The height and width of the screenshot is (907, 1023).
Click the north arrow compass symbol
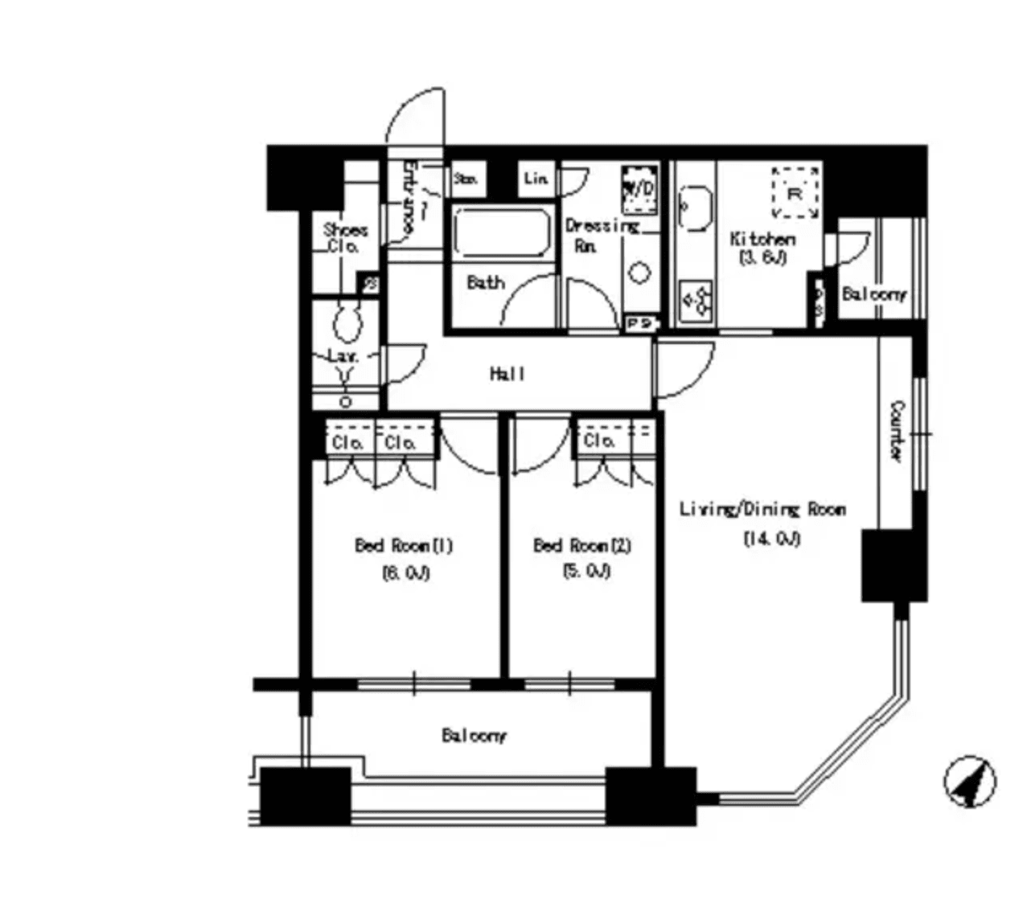(x=969, y=782)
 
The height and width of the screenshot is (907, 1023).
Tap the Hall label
(x=507, y=374)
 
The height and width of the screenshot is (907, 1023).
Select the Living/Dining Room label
(x=762, y=509)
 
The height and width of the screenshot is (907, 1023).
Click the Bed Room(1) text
(x=404, y=546)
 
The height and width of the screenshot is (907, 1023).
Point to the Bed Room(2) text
(x=582, y=546)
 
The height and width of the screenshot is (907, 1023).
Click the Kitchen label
(x=762, y=239)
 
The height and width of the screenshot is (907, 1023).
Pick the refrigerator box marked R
(x=795, y=193)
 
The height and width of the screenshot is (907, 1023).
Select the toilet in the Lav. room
(x=347, y=323)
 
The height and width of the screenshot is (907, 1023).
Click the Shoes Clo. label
(x=345, y=238)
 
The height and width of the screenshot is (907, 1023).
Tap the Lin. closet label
(x=536, y=179)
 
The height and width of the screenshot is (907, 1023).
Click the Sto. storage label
(x=466, y=179)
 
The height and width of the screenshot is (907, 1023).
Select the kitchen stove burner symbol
(x=696, y=301)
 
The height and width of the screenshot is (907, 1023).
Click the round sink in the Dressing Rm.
(x=639, y=273)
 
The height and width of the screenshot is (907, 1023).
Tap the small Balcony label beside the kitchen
(x=873, y=294)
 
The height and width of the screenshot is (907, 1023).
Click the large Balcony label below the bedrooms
(x=474, y=735)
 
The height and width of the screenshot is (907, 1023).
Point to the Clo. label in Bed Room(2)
(x=599, y=441)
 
